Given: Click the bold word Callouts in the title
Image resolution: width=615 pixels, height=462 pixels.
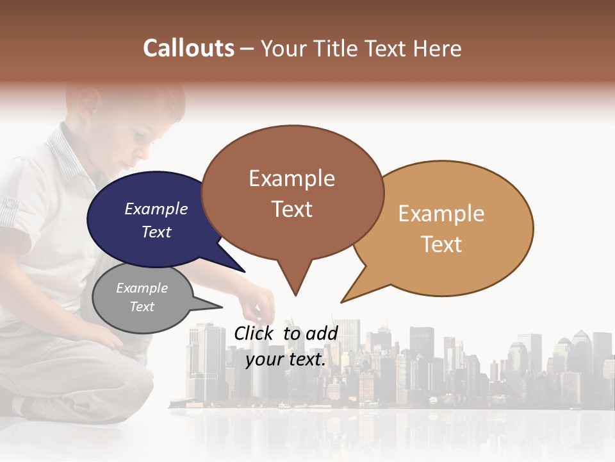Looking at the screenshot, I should (188, 48).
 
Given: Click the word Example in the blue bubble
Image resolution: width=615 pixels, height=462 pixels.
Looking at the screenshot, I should (156, 209).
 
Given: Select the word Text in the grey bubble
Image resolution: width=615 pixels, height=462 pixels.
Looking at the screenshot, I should (142, 307).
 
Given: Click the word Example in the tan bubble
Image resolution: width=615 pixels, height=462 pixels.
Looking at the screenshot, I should (441, 214).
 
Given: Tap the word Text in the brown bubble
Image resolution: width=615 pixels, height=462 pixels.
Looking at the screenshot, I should (292, 209).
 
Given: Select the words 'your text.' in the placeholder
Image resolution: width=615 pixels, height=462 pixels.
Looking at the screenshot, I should (286, 359).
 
